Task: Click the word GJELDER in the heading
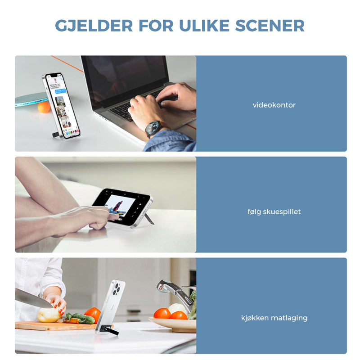[94, 26]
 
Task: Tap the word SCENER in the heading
[270, 26]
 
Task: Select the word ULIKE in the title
[204, 26]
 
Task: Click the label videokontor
[274, 105]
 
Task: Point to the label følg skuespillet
[274, 211]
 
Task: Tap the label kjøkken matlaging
[274, 318]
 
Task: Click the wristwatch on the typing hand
[153, 129]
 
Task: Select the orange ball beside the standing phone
[44, 107]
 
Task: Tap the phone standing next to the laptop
[61, 106]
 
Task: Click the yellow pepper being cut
[49, 315]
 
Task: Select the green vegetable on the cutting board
[80, 319]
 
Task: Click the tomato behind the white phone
[93, 314]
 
